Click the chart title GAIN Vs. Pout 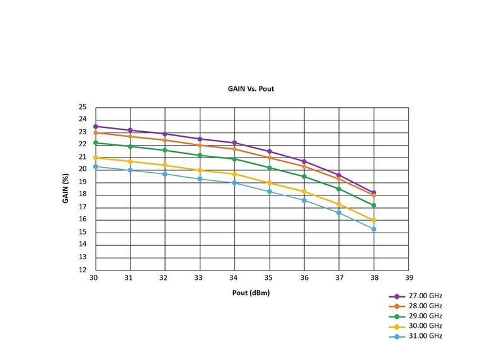pos(251,89)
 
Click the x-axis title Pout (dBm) pos(251,294)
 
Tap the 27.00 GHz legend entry pos(423,296)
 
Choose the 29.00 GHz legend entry pos(423,316)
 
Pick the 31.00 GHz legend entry pos(423,336)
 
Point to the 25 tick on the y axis pos(82,107)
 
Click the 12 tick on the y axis pos(82,270)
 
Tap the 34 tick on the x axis pos(234,278)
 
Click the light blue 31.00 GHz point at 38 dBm pos(374,229)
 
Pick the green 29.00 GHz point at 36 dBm pos(304,177)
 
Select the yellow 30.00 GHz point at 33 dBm pos(200,170)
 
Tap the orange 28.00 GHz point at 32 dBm pos(165,140)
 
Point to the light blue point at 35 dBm pos(270,192)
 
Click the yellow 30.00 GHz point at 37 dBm pos(339,204)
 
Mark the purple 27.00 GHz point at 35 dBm pos(270,151)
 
